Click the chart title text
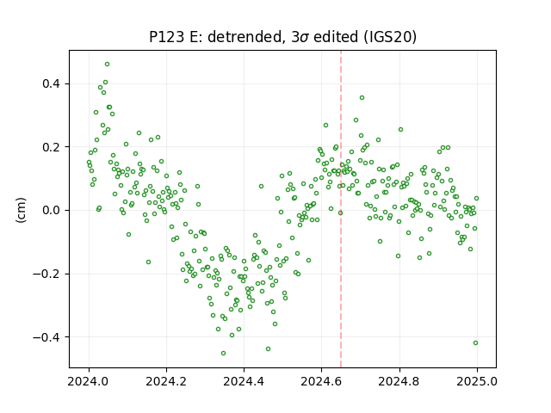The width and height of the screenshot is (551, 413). coord(283,37)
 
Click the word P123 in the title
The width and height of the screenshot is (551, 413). coord(166,37)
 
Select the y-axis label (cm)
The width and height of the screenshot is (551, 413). coord(21,210)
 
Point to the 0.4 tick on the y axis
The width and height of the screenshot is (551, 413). coord(52,84)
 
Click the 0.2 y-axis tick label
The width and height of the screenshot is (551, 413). coord(52,147)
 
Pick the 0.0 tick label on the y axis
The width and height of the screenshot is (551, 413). coord(52,210)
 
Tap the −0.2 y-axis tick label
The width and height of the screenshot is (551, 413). coord(47,274)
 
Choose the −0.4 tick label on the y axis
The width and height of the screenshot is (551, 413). coord(47,337)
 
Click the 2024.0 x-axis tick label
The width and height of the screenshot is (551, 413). coord(89,381)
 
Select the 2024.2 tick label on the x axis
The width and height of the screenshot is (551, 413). coord(166,381)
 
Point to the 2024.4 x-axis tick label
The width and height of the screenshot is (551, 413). coord(244,381)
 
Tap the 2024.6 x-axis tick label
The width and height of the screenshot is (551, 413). coord(321,381)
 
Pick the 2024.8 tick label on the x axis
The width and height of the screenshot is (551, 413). coord(399,381)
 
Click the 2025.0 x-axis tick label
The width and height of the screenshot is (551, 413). coord(477,381)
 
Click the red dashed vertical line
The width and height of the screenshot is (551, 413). coord(341,209)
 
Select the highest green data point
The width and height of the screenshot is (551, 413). coord(107,65)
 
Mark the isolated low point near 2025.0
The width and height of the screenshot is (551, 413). coord(475,342)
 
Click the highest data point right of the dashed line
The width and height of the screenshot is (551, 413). coord(362,97)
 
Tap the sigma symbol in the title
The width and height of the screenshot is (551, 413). coord(304,38)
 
